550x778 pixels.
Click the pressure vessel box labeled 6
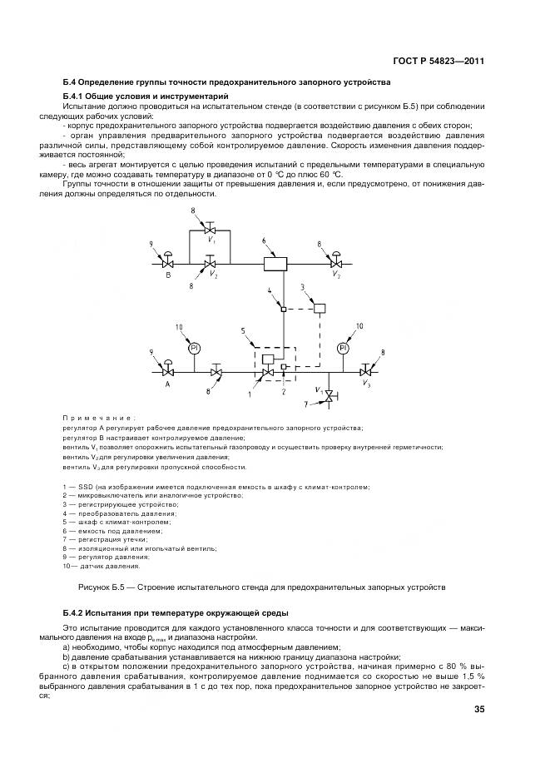274,264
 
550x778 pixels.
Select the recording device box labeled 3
319,309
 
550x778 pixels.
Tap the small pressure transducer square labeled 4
283,310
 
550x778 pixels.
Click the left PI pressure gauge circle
194,348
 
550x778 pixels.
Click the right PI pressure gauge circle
342,348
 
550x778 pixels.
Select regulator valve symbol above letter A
167,370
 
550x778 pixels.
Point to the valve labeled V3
367,371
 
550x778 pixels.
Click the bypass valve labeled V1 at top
211,230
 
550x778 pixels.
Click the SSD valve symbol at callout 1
268,371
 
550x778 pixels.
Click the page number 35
478,710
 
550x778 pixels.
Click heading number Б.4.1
77,97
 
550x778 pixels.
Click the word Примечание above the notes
98,418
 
